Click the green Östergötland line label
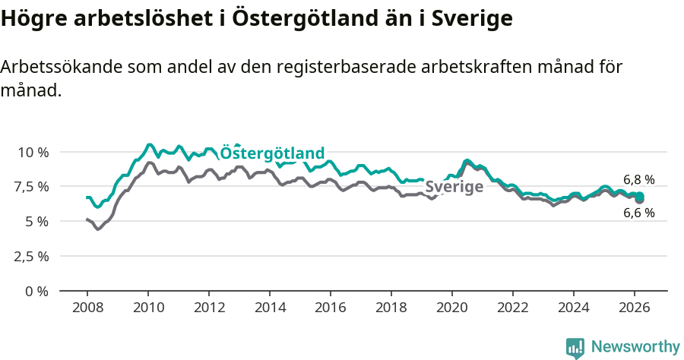(x=272, y=153)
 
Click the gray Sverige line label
(x=454, y=187)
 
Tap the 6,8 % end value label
(x=638, y=180)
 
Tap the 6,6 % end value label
(x=638, y=213)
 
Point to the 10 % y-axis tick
(x=33, y=152)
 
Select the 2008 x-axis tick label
(x=87, y=308)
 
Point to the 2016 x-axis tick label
(x=331, y=308)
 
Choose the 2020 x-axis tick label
(x=452, y=308)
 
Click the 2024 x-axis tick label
(x=574, y=308)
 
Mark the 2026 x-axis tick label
(x=635, y=308)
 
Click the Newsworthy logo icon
(x=575, y=347)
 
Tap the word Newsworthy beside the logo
(x=635, y=347)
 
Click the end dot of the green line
(x=639, y=196)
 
